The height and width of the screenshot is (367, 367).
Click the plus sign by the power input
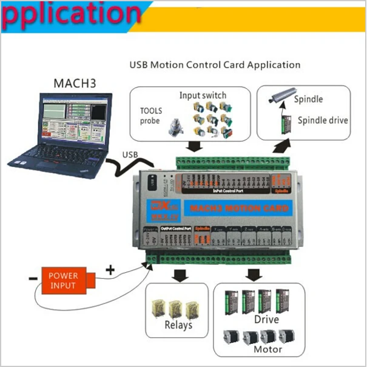click(x=110, y=269)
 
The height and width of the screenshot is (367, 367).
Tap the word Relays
click(x=178, y=324)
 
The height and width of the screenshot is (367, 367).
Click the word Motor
click(x=268, y=349)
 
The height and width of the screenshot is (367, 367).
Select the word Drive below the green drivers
click(x=267, y=319)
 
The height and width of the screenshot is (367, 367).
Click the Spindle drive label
click(x=323, y=120)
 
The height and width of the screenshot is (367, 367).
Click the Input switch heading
click(x=203, y=95)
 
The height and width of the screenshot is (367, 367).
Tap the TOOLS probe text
click(x=150, y=116)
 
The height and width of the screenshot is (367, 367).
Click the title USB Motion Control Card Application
click(x=215, y=64)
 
